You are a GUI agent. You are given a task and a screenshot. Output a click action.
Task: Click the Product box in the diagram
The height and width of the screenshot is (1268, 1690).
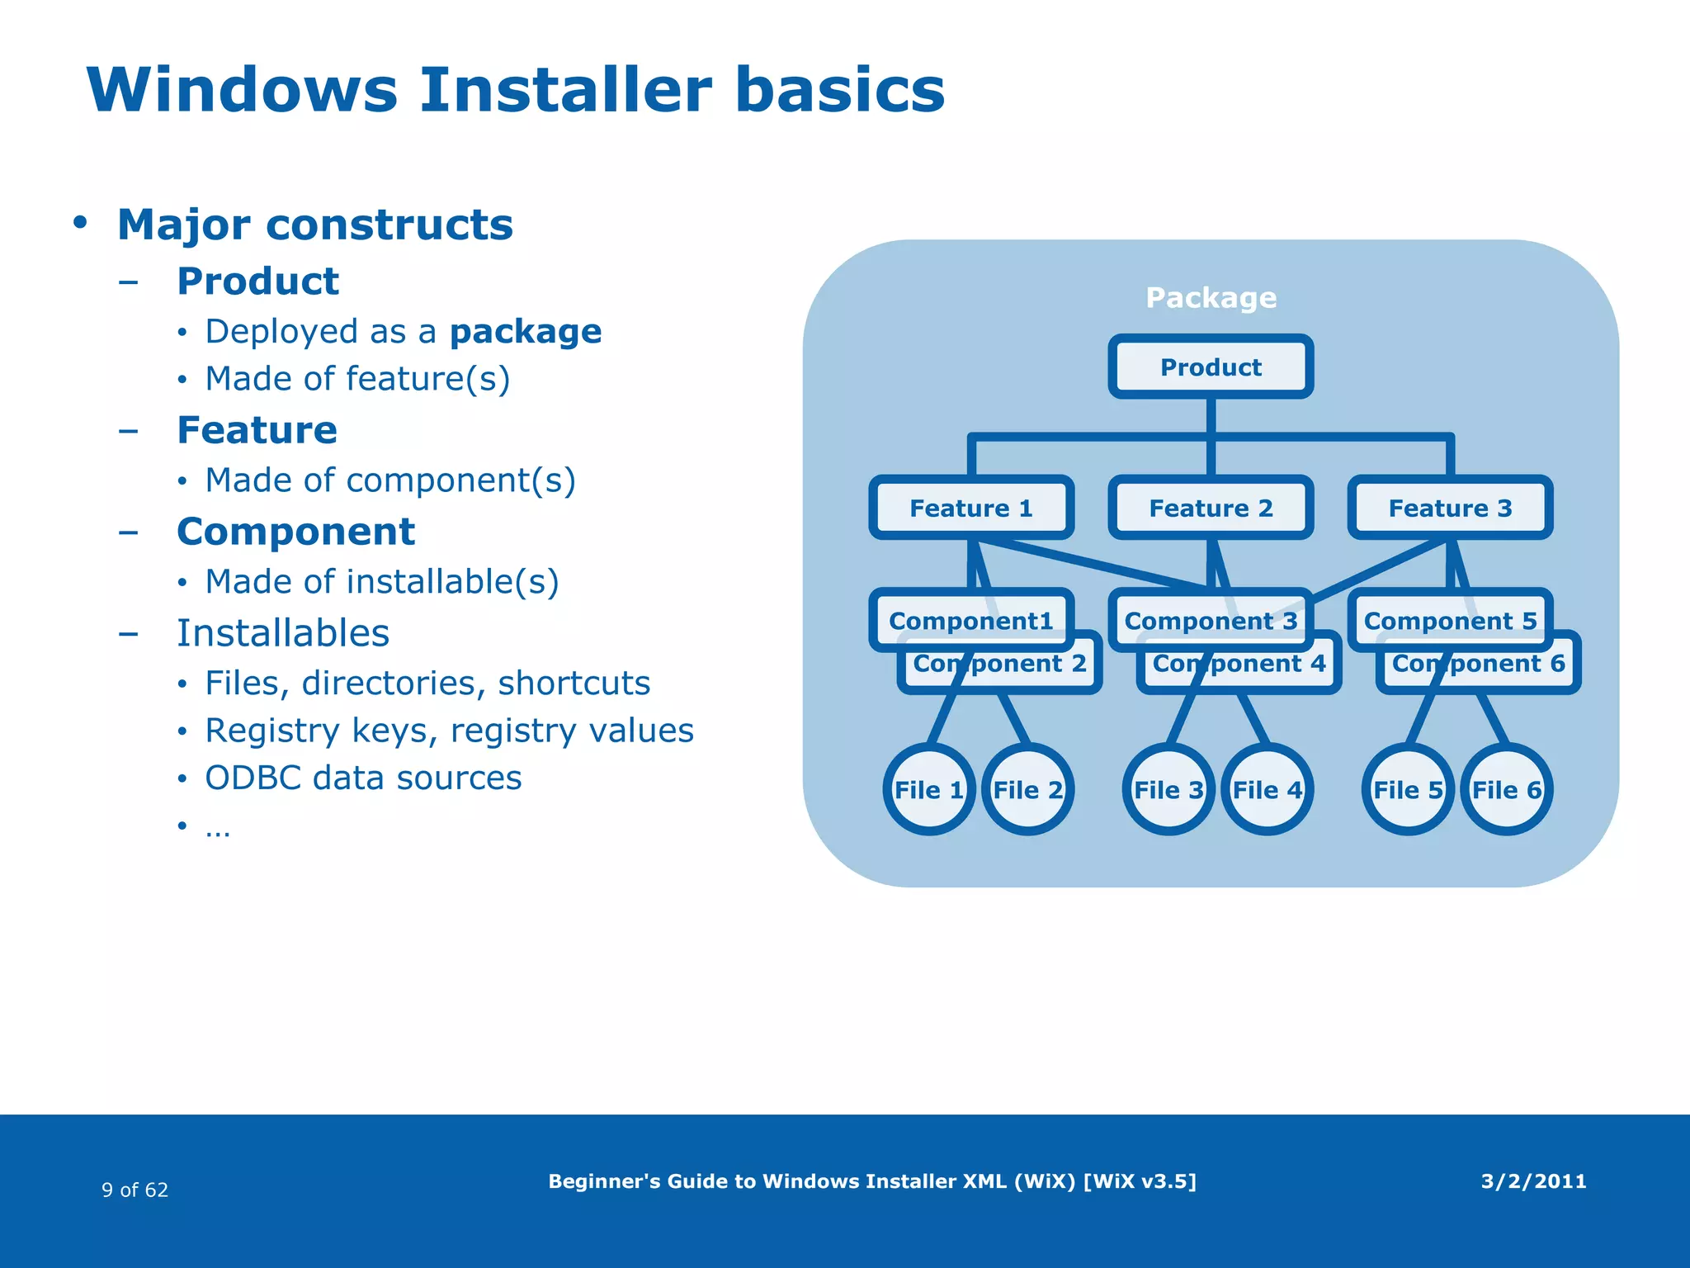pos(1211,367)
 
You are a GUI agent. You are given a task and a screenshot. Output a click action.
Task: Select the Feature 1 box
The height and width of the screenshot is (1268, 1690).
pos(971,508)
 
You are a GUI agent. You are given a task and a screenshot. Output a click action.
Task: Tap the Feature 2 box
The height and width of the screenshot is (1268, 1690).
pos(1211,508)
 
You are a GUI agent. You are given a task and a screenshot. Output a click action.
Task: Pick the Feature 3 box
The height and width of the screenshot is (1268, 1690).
pos(1450,508)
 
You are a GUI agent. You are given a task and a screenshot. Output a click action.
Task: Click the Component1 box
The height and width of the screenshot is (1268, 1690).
pos(971,620)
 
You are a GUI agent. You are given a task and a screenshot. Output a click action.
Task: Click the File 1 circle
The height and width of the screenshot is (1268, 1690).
pos(929,790)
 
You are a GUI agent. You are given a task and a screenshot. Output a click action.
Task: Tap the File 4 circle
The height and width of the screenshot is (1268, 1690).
pos(1267,790)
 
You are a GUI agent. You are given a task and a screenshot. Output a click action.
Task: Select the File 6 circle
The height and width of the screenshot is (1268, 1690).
pos(1507,790)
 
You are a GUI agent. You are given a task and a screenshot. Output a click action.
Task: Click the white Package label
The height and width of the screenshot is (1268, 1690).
pos(1211,297)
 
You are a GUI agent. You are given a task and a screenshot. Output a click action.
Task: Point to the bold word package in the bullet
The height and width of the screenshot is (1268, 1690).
pos(526,332)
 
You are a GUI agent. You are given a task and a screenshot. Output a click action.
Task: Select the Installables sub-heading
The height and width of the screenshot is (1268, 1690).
pos(283,633)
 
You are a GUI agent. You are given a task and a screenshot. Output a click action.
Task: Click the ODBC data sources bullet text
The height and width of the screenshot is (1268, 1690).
pos(363,778)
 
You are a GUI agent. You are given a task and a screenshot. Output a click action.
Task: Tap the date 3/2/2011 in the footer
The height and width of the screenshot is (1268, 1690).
pos(1533,1181)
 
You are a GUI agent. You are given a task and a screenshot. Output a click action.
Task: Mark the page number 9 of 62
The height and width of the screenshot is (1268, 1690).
pos(135,1190)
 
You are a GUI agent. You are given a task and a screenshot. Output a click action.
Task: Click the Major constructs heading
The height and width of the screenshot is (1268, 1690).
pos(315,225)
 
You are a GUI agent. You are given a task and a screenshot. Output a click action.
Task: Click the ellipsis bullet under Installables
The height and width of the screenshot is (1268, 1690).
pos(218,828)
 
